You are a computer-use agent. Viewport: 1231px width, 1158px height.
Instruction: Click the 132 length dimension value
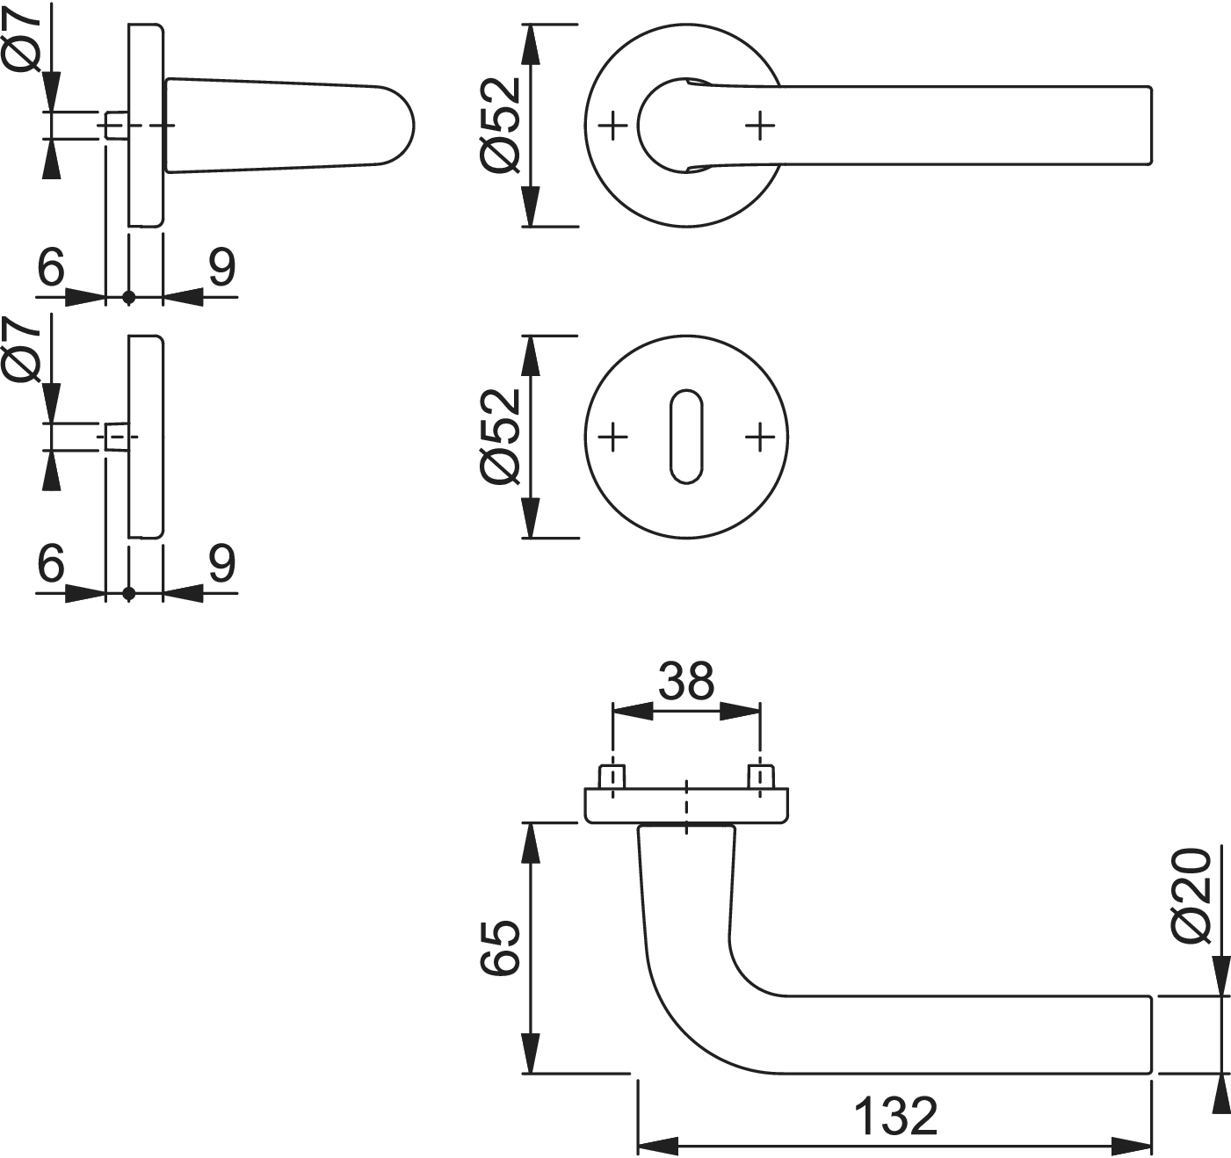895,1117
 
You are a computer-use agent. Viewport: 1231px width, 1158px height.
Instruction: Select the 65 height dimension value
502,948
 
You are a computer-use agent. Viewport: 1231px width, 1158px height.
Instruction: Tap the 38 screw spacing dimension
686,681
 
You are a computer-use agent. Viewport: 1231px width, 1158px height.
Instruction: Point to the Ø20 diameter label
1192,896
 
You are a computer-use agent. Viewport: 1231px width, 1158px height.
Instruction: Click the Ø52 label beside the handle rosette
502,126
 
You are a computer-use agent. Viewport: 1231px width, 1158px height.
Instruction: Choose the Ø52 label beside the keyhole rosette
502,436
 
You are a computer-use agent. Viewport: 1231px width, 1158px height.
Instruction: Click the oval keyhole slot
686,436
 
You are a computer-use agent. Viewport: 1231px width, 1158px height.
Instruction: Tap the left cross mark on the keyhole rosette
613,436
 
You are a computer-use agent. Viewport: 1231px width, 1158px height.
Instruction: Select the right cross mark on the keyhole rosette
760,436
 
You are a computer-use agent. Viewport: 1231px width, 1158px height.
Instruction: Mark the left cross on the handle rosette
613,126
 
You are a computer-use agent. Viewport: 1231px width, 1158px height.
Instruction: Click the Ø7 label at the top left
24,40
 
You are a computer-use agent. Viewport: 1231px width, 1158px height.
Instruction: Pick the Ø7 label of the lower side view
24,351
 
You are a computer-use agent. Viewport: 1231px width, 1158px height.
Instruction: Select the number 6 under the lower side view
52,562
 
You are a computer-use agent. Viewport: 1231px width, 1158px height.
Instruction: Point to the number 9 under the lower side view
221,562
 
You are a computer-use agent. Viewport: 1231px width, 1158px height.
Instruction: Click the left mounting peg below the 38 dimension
612,777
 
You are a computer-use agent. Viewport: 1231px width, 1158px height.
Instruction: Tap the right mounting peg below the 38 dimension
760,777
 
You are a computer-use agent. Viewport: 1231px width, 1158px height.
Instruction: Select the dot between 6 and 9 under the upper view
129,298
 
